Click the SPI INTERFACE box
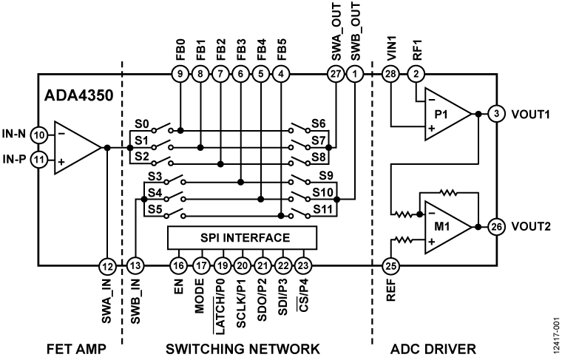pyautogui.click(x=242, y=238)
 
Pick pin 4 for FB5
pyautogui.click(x=281, y=73)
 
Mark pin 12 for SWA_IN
pyautogui.click(x=108, y=265)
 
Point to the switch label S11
pyautogui.click(x=320, y=209)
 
